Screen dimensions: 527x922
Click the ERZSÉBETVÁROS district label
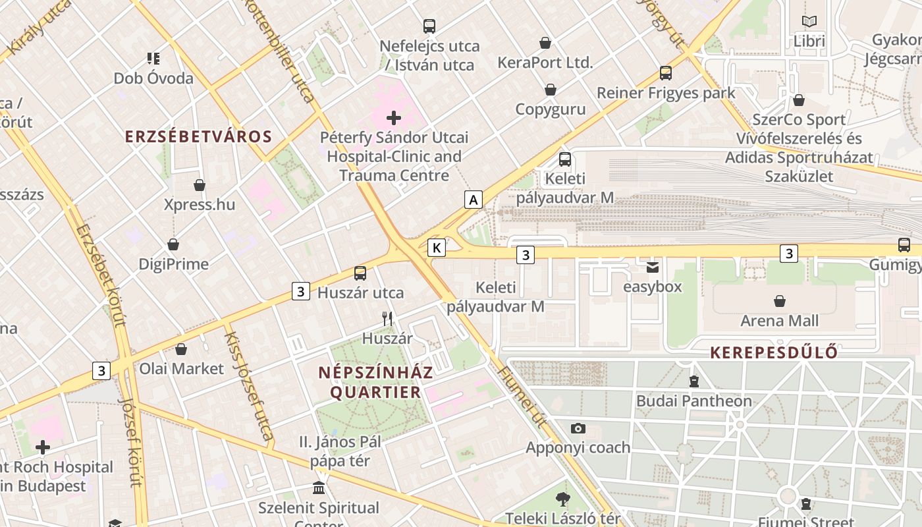[x=198, y=136]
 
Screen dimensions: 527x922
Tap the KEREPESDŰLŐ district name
[x=774, y=352]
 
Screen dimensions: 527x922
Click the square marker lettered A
[x=473, y=199]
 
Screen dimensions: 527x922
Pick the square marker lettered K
[x=436, y=248]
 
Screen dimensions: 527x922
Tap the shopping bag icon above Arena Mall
[x=780, y=301]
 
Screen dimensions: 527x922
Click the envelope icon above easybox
[x=652, y=267]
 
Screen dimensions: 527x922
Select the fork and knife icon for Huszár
[x=387, y=319]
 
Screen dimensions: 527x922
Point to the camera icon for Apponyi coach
[x=578, y=428]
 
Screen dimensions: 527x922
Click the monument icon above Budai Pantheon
[x=693, y=381]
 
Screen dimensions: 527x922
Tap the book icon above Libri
[x=809, y=21]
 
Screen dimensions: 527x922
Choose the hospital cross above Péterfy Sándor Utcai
[x=394, y=118]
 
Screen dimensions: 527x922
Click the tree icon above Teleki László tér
[x=562, y=499]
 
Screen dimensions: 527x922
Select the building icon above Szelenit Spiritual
[x=319, y=488]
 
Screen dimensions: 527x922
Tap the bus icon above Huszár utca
[x=360, y=273]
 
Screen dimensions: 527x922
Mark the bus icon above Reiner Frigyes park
[x=666, y=73]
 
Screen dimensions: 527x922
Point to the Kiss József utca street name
[x=248, y=385]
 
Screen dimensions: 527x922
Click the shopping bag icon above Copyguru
[x=551, y=90]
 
